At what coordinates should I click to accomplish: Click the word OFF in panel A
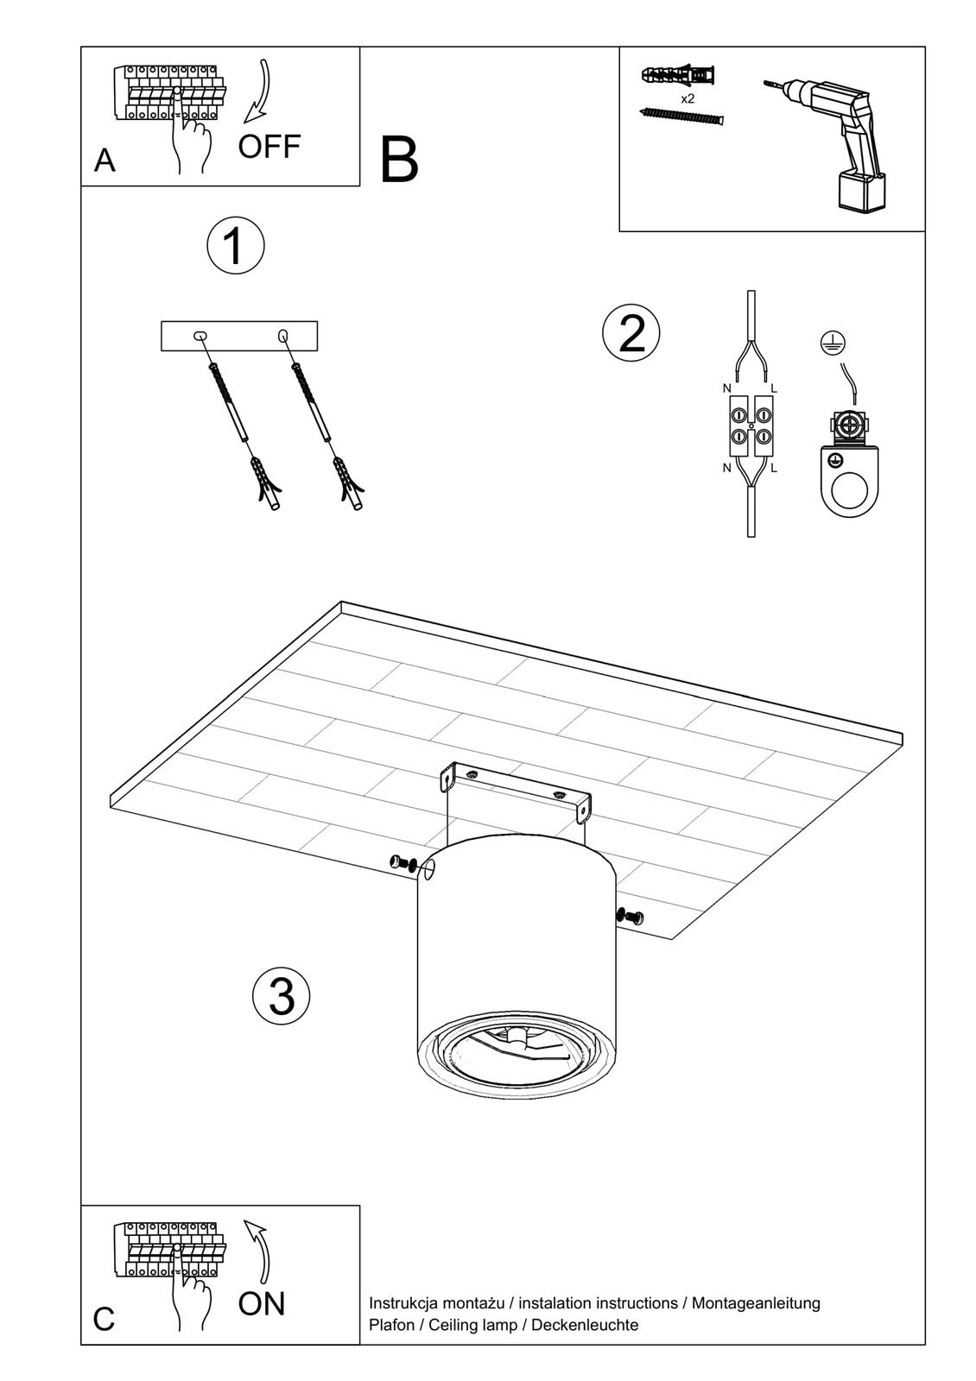pos(269,147)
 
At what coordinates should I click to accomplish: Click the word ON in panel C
pos(262,1303)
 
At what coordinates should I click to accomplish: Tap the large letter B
pos(399,161)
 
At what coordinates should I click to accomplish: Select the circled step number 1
pos(235,245)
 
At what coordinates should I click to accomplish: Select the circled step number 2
pos(631,333)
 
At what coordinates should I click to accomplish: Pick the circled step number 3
pos(281,995)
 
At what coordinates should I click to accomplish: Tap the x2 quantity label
pos(688,98)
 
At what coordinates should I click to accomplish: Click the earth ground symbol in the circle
pos(833,343)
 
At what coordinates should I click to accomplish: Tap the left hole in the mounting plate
pos(200,335)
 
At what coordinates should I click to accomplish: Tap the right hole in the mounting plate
pos(282,335)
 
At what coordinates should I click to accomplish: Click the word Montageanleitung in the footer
pos(756,1302)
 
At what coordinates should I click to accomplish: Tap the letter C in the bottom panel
pos(104,1320)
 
